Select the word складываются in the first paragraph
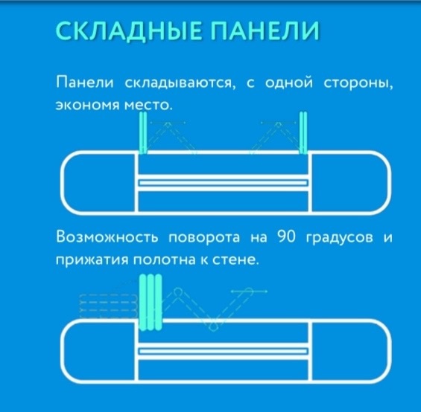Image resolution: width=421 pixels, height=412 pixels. pos(180,83)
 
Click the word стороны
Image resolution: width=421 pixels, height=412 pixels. pos(358,83)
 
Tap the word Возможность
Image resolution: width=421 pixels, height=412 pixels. pos(107,237)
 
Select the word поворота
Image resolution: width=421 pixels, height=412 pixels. pos(204,237)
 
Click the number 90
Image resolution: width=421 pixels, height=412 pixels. pos(286,236)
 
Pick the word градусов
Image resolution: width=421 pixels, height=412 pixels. pos(340,237)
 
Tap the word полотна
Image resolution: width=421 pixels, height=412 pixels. pos(165,260)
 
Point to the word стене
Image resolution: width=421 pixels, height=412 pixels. pos(235,260)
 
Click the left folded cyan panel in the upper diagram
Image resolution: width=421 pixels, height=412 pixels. pos(143,132)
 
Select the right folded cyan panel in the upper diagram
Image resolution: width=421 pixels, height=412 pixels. pos(303,132)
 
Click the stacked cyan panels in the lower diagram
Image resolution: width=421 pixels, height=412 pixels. pos(151,302)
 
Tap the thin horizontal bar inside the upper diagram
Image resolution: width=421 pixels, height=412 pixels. pos(223,183)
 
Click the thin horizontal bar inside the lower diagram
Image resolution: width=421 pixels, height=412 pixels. pos(223,351)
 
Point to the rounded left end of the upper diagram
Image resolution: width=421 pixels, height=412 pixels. pos(63,183)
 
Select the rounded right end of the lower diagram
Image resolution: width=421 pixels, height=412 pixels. pos(389,350)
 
